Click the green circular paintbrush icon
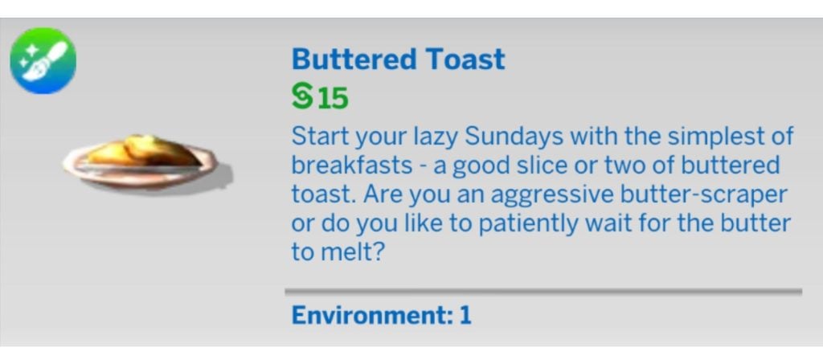pos(43,61)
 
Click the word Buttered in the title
pos(353,59)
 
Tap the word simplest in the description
pos(709,137)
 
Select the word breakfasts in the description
pos(351,166)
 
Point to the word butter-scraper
pos(703,194)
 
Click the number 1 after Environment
pos(465,315)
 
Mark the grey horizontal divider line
pos(543,290)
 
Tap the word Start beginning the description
pos(320,137)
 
